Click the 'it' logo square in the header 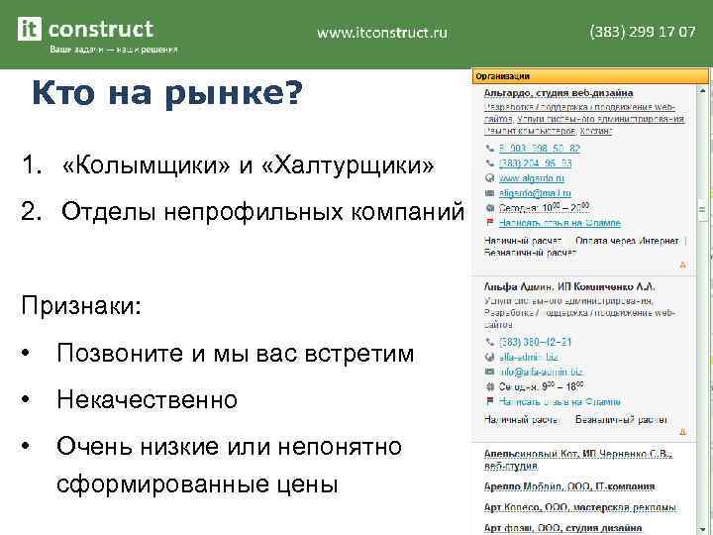point(31,29)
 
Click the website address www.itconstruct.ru point(382,33)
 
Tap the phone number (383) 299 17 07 point(643,32)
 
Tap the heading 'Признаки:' point(81,304)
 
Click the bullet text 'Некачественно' point(148,400)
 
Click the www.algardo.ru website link point(527,178)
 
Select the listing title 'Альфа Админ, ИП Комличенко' point(569,285)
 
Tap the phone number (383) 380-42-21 point(534,342)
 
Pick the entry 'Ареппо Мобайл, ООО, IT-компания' point(568,486)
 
